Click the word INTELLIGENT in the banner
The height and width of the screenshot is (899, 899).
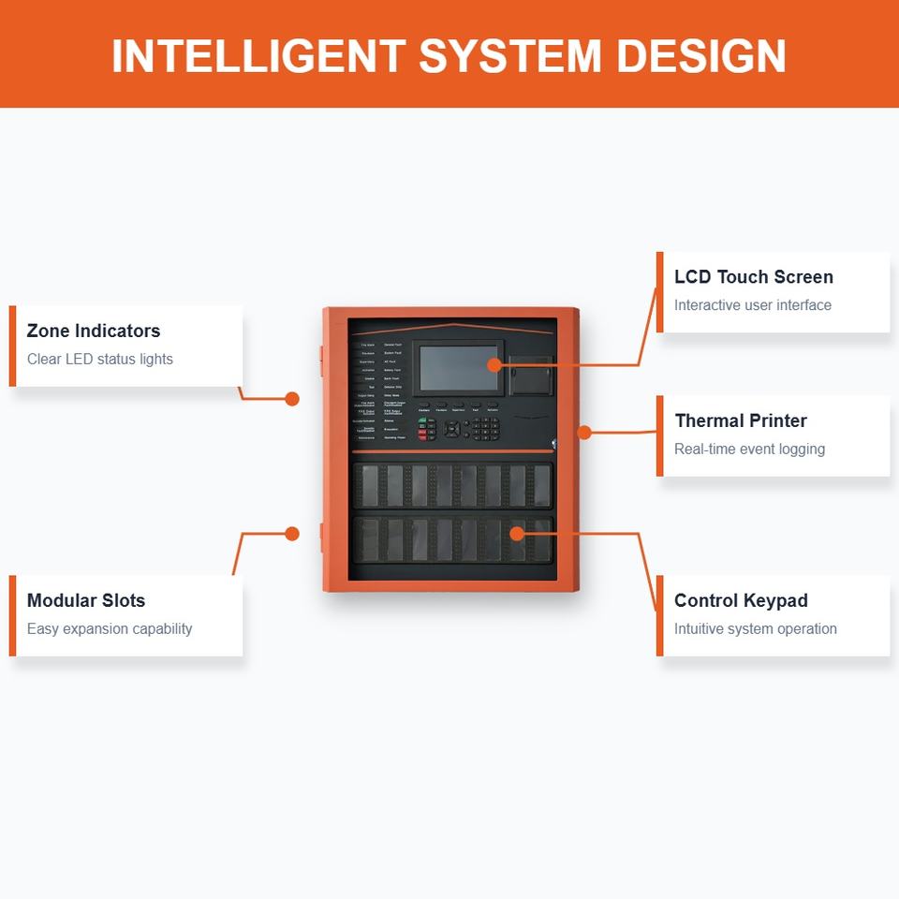tap(258, 56)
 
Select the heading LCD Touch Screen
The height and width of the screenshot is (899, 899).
tap(753, 277)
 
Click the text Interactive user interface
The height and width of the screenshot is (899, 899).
tap(752, 305)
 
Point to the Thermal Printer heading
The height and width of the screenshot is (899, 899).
tap(740, 421)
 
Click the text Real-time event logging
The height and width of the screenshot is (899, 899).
tap(749, 449)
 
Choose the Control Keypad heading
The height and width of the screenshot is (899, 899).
tap(740, 601)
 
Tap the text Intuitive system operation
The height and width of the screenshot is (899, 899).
tap(755, 629)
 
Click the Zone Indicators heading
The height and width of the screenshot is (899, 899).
tap(93, 331)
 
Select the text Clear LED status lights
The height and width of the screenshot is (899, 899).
tap(99, 360)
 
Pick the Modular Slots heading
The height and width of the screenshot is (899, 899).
tap(85, 601)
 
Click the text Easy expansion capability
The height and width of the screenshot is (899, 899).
tap(109, 629)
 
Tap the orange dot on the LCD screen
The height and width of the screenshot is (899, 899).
tap(494, 365)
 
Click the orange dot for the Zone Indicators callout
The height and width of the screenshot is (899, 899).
tap(292, 399)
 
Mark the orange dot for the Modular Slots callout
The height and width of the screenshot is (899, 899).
tap(292, 534)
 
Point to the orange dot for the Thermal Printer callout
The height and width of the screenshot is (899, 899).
tap(584, 433)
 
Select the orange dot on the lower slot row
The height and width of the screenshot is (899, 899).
tap(517, 534)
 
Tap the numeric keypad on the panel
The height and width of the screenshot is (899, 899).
tap(485, 429)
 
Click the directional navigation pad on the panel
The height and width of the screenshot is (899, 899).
tap(452, 429)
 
